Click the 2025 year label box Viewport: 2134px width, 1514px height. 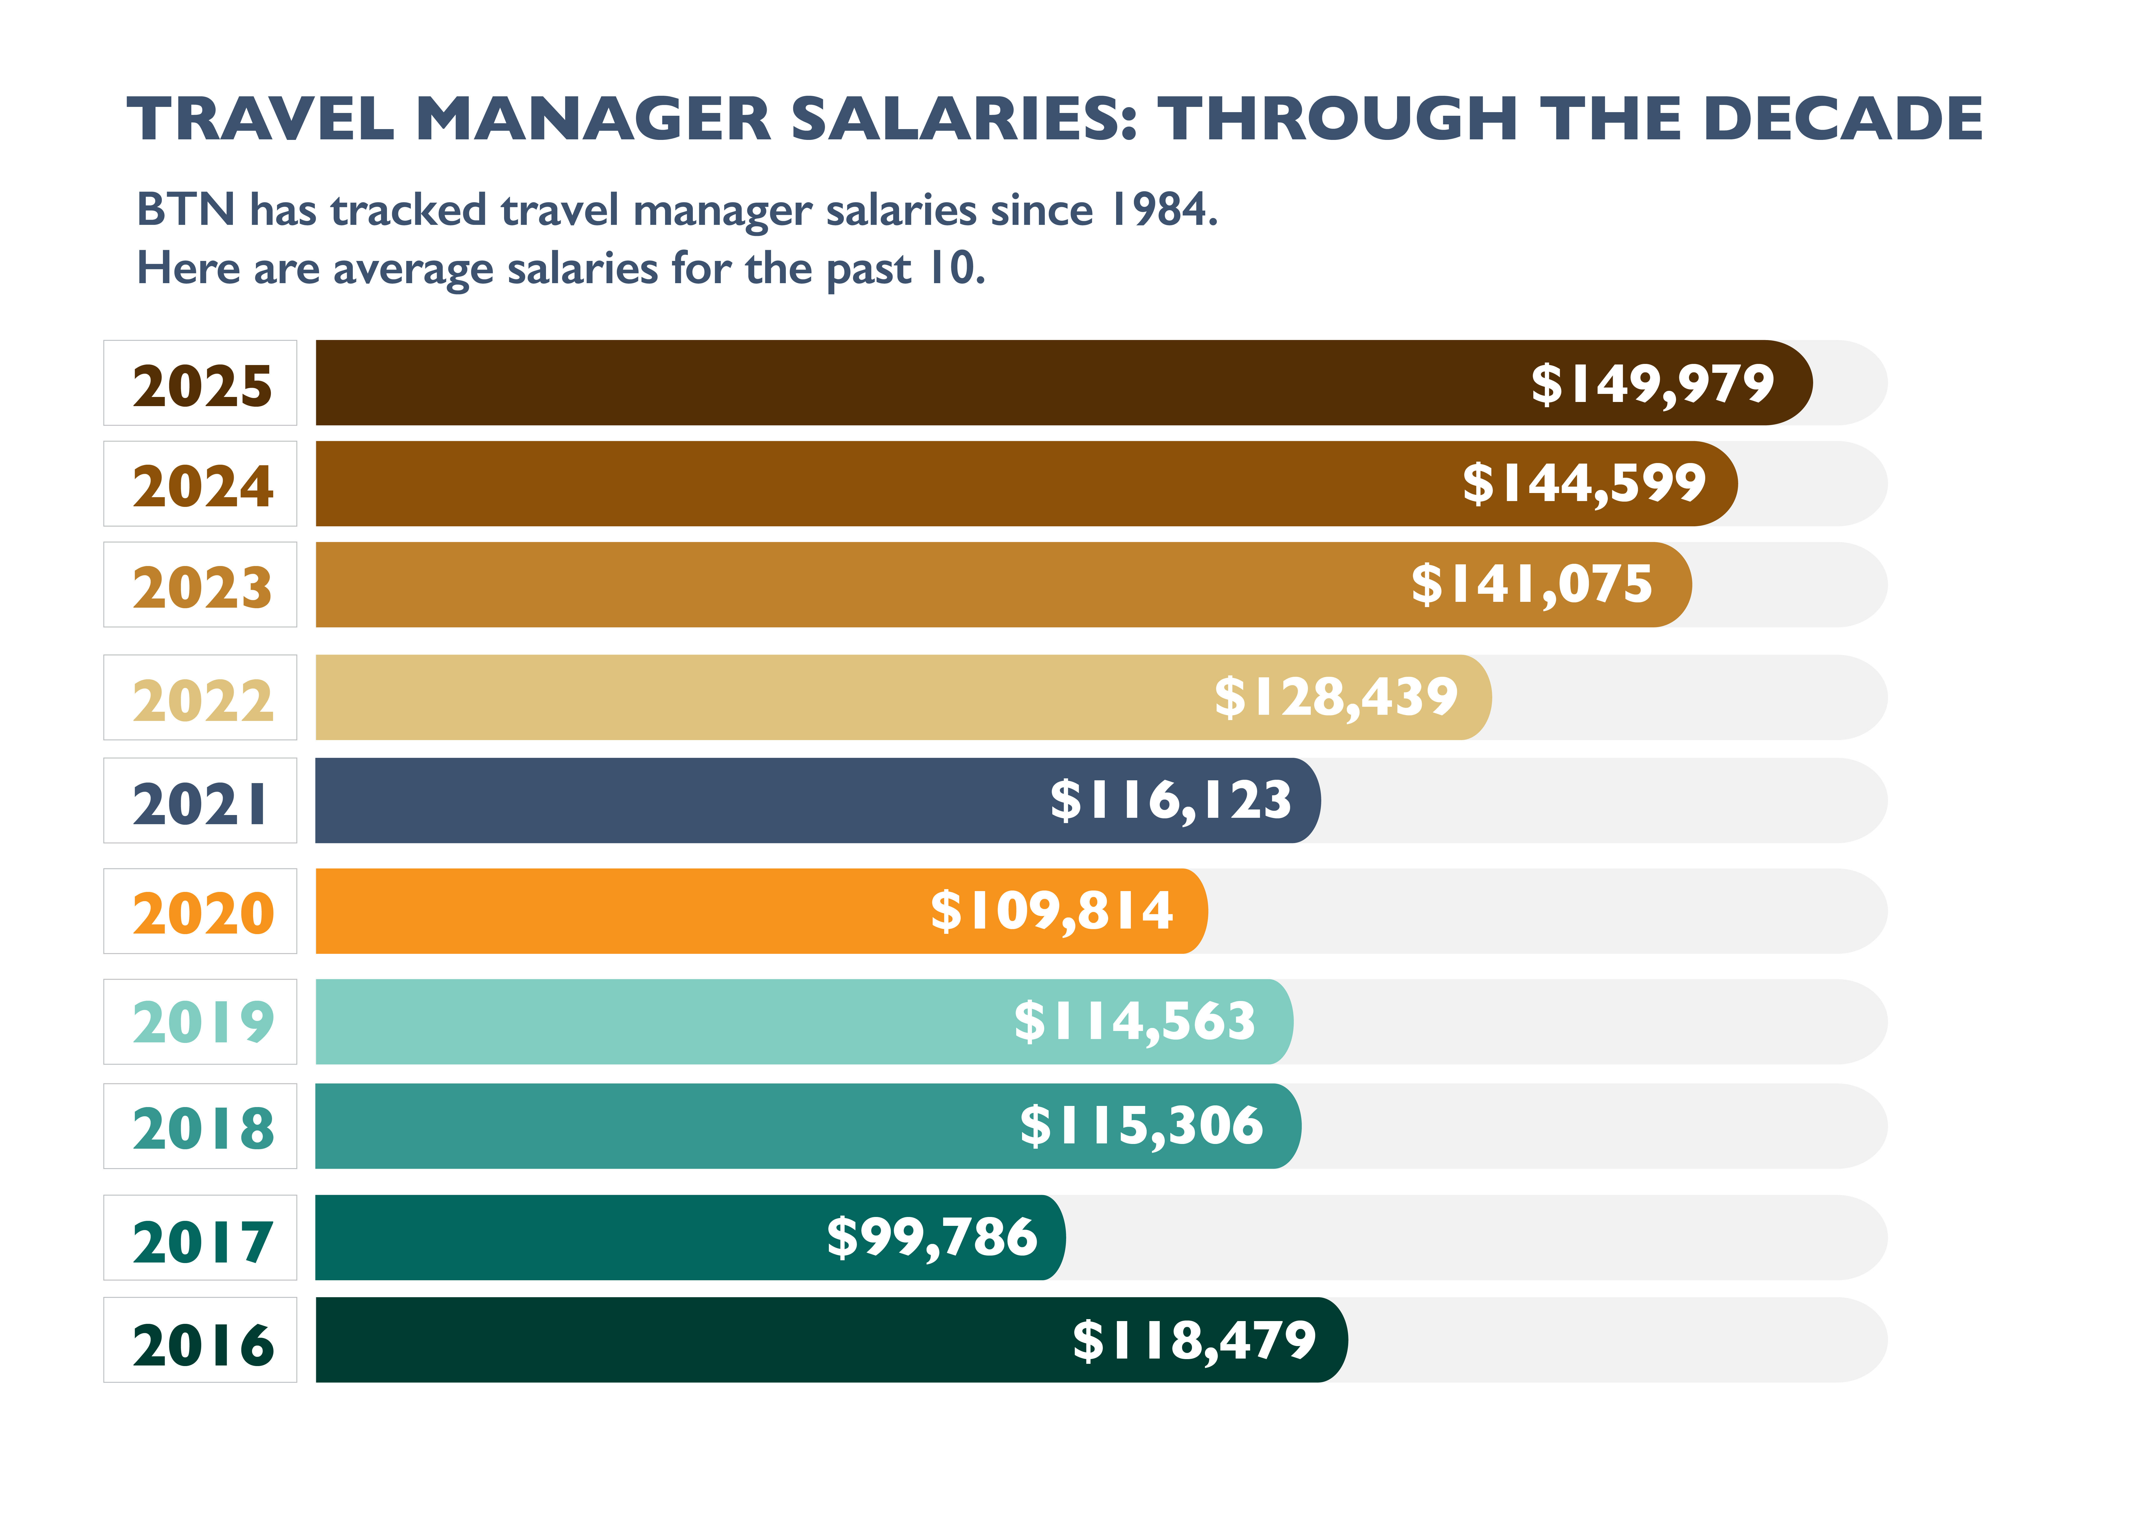point(200,383)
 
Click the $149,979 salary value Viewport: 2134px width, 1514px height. point(1652,384)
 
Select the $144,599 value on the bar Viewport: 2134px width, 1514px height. point(1584,484)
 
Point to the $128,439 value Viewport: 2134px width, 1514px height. point(1336,697)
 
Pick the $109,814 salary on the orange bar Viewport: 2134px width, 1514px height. point(1052,911)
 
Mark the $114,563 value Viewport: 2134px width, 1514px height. point(1135,1022)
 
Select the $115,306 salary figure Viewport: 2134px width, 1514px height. point(1141,1126)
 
